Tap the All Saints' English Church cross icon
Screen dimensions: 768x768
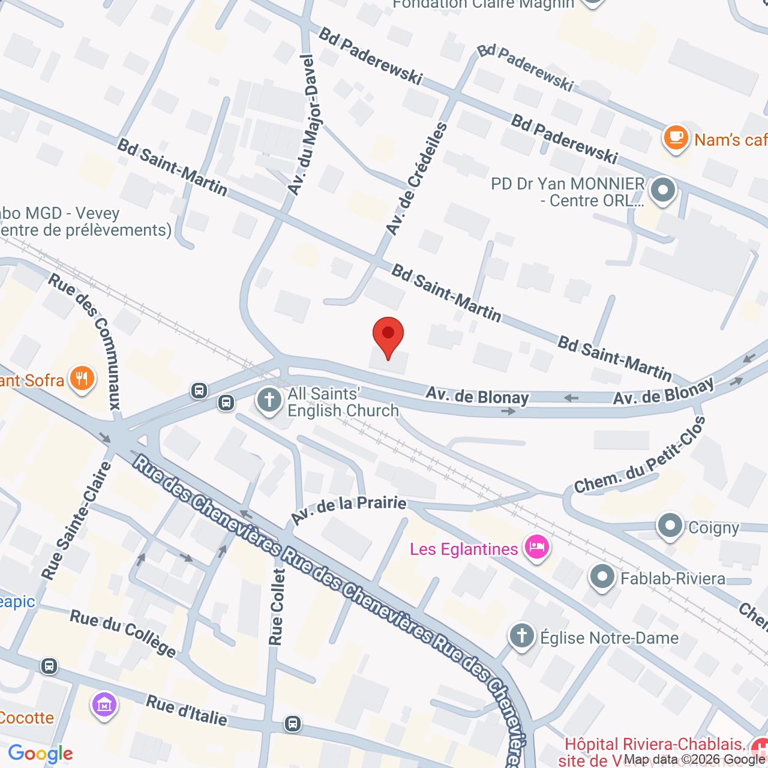(x=269, y=400)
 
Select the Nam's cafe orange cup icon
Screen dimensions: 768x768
(x=676, y=137)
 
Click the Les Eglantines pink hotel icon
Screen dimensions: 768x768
(x=536, y=547)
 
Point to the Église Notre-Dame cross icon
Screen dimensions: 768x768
(x=522, y=635)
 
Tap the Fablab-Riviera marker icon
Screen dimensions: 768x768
(x=602, y=577)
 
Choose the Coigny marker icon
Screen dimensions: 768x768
(x=670, y=526)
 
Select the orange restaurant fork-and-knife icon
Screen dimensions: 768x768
(x=82, y=379)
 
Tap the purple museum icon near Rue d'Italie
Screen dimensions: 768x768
(x=104, y=704)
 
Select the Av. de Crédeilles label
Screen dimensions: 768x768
(x=416, y=178)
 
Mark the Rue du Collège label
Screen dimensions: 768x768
(x=123, y=633)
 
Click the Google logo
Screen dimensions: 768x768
(x=40, y=754)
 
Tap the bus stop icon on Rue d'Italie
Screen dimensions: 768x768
(x=293, y=724)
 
